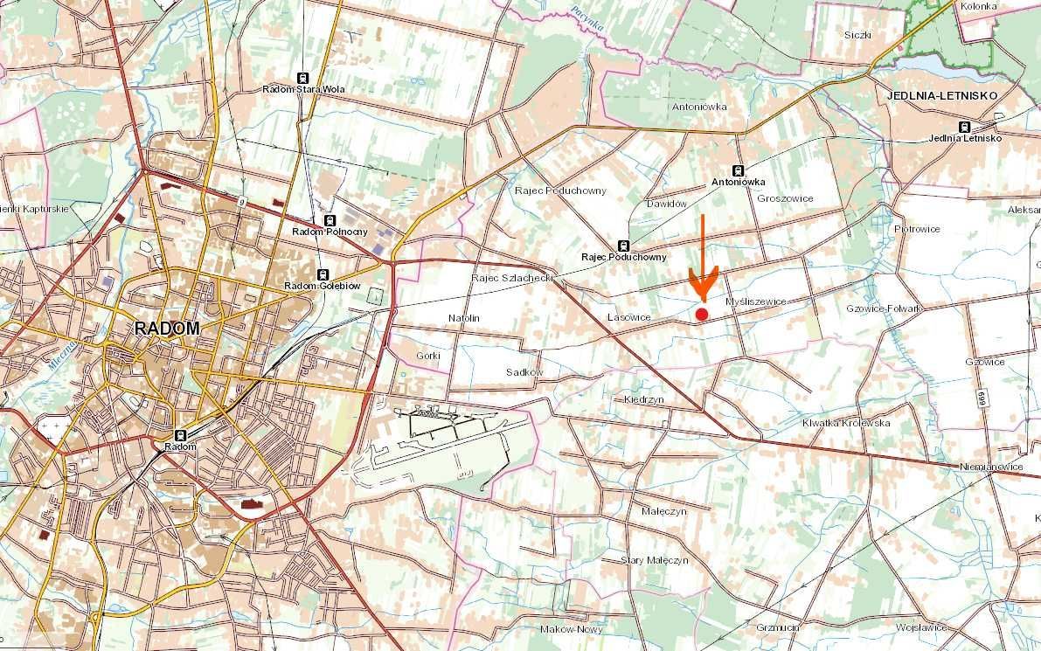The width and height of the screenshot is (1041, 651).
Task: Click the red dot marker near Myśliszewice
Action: click(x=701, y=314)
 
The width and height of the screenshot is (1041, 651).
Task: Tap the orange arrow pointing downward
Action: click(x=703, y=262)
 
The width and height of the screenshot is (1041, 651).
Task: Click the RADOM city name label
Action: click(x=167, y=329)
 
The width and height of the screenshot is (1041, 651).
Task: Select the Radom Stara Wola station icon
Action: click(x=303, y=78)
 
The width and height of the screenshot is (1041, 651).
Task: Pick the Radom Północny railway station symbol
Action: click(x=330, y=220)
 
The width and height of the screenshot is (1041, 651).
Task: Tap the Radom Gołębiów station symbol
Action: click(x=323, y=274)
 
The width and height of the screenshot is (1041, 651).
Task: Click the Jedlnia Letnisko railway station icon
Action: click(x=965, y=126)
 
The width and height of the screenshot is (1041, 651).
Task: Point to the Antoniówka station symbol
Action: click(x=739, y=170)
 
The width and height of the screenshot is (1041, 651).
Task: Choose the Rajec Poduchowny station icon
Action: click(x=623, y=246)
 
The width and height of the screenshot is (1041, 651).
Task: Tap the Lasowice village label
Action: click(x=628, y=316)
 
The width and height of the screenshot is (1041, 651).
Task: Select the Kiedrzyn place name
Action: click(x=644, y=398)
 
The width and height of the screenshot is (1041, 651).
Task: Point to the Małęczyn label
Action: click(x=663, y=510)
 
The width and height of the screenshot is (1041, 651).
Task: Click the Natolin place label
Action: click(x=464, y=318)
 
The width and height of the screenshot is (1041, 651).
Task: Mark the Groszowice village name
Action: click(x=785, y=198)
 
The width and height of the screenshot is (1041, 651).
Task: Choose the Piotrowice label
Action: click(x=917, y=229)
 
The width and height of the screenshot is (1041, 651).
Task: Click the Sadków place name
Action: click(x=524, y=372)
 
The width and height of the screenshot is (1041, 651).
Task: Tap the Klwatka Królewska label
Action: click(x=845, y=423)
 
